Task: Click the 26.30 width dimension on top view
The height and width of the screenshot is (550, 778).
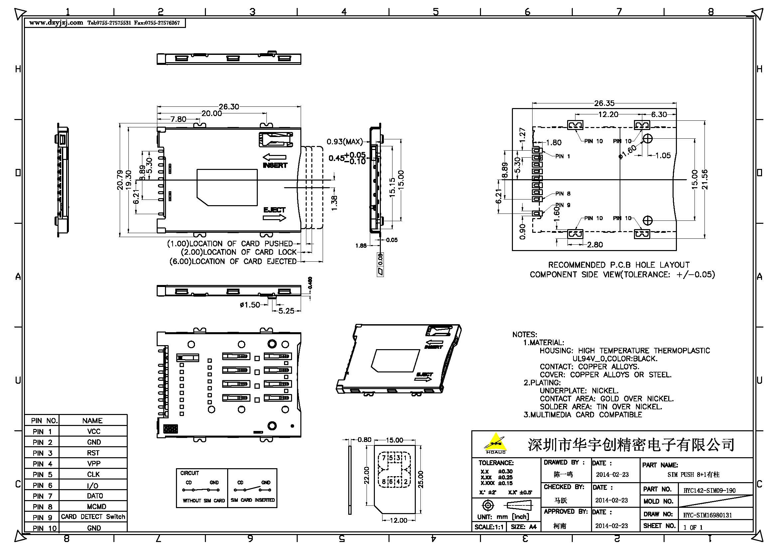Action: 229,107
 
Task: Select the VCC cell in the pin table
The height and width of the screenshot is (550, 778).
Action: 93,432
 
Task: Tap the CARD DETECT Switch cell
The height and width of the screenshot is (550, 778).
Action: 93,517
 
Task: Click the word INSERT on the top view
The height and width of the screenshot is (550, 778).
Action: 275,165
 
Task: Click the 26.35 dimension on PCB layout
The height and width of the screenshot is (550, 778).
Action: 604,103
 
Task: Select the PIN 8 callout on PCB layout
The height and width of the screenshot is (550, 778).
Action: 563,194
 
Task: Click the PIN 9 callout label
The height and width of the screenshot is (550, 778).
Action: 563,205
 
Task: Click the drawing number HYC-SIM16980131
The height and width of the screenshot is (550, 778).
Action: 707,515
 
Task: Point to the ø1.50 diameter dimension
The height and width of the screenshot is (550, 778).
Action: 250,305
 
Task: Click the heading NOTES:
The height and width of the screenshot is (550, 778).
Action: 525,335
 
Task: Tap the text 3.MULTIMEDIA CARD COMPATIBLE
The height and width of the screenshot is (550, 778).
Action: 583,415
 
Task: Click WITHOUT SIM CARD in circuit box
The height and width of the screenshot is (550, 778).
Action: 204,500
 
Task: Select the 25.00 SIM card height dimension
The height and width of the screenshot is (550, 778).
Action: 420,479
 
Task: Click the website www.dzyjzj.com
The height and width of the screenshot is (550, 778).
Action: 56,23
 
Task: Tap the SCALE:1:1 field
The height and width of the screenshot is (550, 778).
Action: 489,527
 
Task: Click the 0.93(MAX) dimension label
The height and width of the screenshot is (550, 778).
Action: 344,142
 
